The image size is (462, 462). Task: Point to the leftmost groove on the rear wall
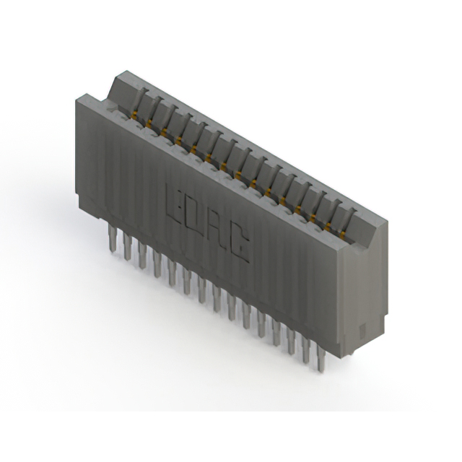pos(142,97)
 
